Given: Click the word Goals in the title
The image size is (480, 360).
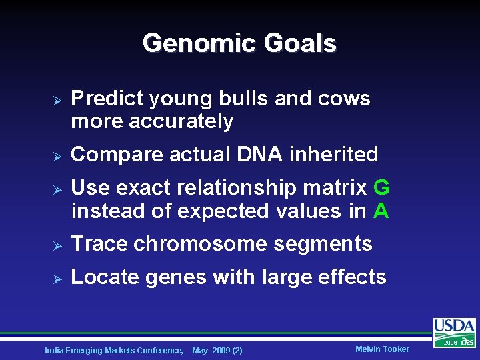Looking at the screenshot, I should click(300, 44).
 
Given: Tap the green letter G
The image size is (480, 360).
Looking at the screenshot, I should click(381, 188).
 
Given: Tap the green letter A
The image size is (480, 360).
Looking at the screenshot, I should click(381, 211).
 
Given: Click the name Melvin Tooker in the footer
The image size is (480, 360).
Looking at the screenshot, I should click(382, 349).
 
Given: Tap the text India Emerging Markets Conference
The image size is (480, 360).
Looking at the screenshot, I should click(113, 350).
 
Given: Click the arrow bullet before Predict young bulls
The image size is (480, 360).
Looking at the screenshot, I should click(57, 100).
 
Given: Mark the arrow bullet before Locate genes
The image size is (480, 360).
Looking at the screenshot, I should click(57, 278).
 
